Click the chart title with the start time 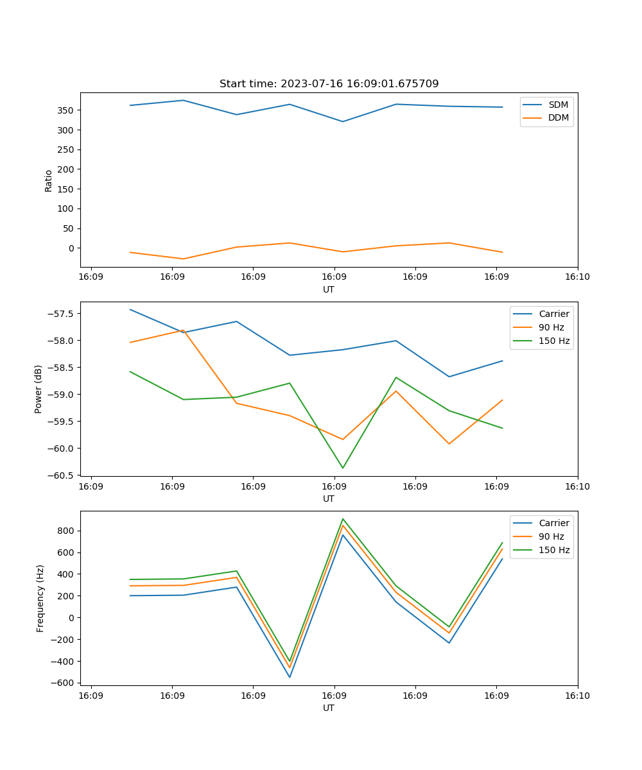point(329,84)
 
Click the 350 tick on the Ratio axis point(66,110)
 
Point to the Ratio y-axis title point(49,180)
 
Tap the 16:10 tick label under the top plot point(577,277)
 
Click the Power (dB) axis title point(39,389)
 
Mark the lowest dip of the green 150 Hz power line point(343,468)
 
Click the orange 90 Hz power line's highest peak point(184,330)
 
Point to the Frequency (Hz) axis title point(40,598)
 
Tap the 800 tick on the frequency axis point(66,531)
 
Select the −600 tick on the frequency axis point(64,683)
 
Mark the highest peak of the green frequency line point(343,518)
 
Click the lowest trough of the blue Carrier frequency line point(290,677)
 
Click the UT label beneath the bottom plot point(329,708)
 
